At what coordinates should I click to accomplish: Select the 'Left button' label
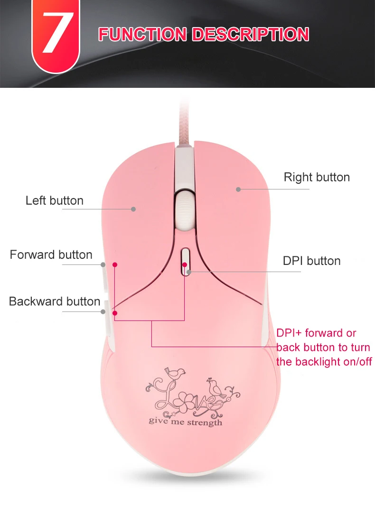click(54, 200)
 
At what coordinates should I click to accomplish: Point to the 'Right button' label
click(317, 177)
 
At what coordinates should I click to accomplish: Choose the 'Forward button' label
click(51, 254)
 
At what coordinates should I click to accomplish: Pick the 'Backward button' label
click(55, 301)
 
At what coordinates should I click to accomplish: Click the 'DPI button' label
click(311, 261)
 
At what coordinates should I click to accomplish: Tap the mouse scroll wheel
click(184, 207)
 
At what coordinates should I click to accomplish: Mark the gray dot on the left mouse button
click(134, 208)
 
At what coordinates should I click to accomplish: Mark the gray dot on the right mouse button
click(238, 189)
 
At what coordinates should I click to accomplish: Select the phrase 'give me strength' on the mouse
click(185, 422)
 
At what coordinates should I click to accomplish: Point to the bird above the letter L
click(176, 373)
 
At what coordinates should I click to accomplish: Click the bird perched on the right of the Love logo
click(217, 386)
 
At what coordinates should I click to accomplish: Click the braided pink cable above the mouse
click(183, 123)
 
